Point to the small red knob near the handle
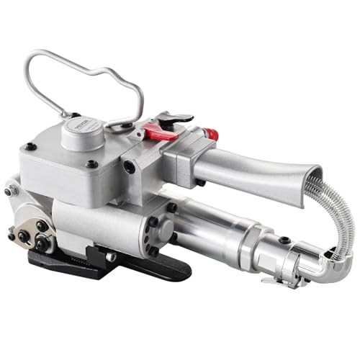[x=210, y=135]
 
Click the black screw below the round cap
[x=92, y=164]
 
